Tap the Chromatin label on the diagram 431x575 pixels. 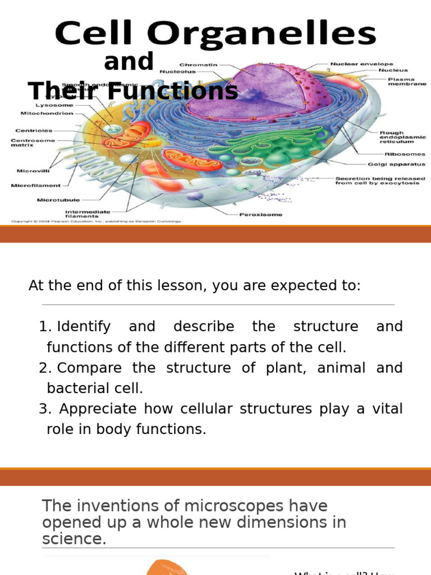(x=198, y=64)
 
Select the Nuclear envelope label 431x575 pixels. (x=361, y=64)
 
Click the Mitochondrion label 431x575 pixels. (x=54, y=113)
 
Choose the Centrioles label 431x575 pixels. (x=34, y=131)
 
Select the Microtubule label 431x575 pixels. (x=58, y=199)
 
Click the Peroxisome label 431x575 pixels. (x=261, y=214)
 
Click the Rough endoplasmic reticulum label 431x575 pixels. (x=402, y=137)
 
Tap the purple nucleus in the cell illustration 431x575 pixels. (x=264, y=90)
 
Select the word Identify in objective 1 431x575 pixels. (x=84, y=326)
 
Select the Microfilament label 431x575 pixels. (x=35, y=185)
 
